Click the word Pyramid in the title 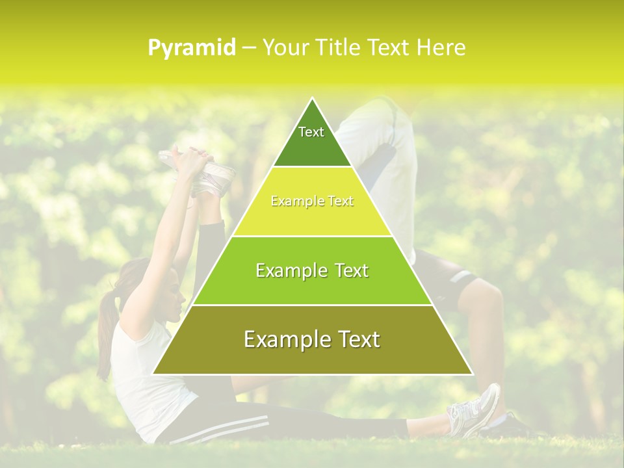coord(191,48)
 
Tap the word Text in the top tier coord(311,132)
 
